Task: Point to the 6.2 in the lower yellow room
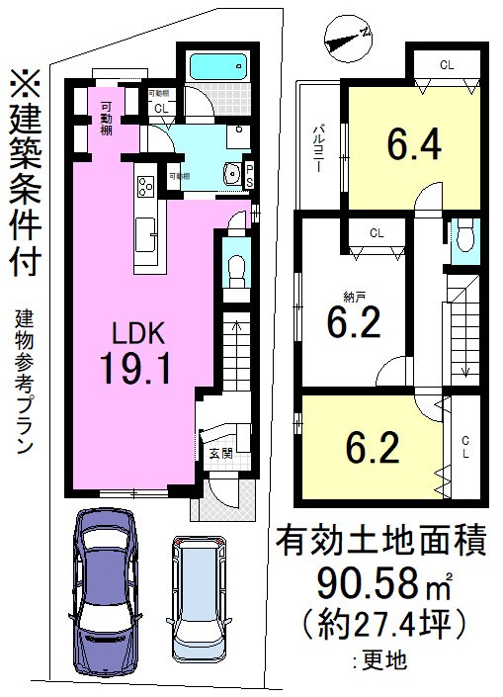pos(372,450)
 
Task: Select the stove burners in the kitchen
pos(145,186)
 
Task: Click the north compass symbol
pos(346,38)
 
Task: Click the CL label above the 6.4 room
pos(447,65)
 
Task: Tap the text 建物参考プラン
pos(24,380)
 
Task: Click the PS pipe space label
pos(249,175)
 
